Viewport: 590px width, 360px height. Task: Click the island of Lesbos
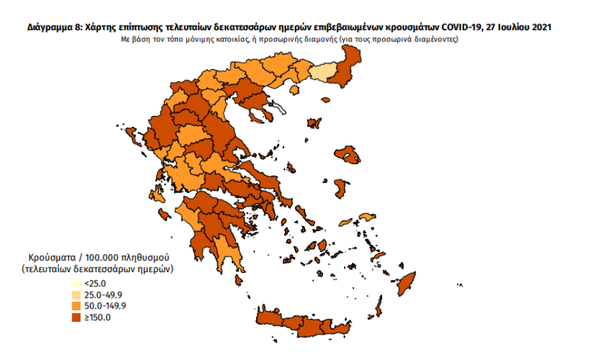(x=349, y=155)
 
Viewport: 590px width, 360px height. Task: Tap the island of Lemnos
(x=312, y=123)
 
